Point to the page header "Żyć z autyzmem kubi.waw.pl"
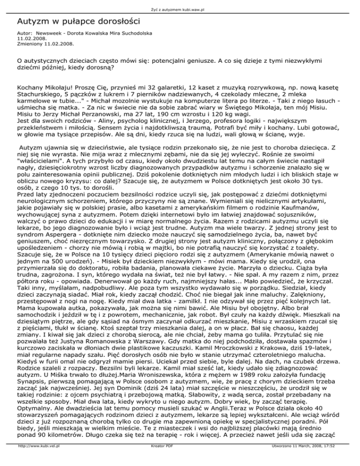[180, 3]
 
